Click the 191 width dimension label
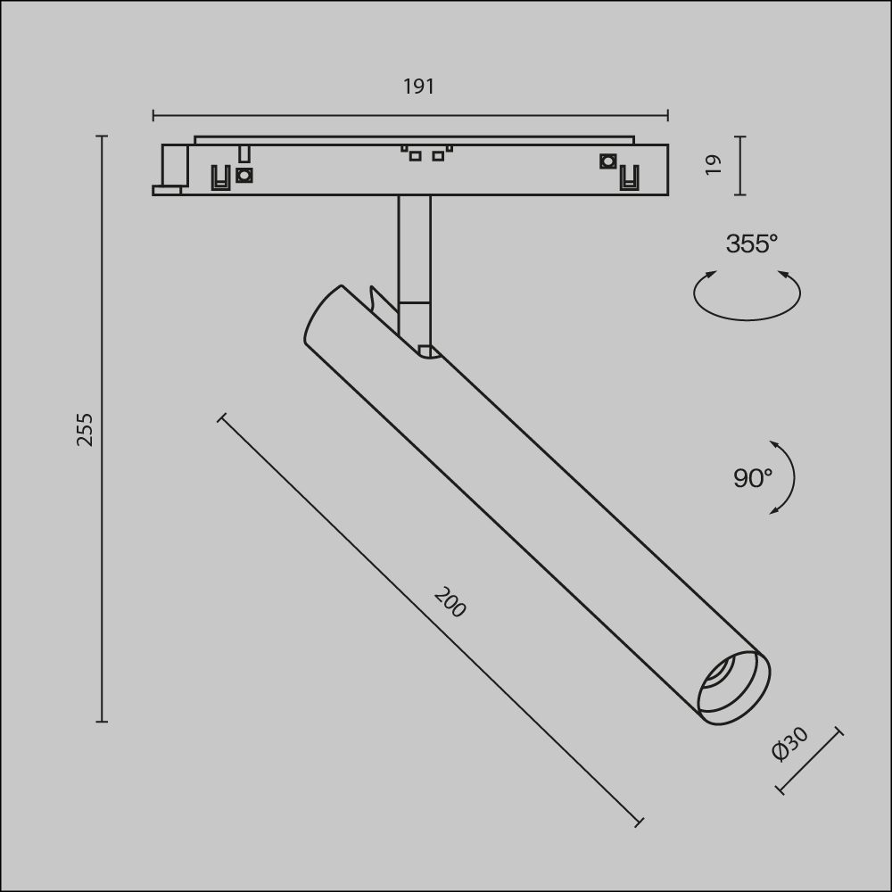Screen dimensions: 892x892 coord(418,87)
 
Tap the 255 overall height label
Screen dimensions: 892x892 coord(85,430)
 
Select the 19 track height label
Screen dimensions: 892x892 coord(713,165)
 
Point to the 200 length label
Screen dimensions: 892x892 coord(450,602)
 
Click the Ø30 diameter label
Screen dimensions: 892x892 coord(789,744)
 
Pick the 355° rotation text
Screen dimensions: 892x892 coord(751,244)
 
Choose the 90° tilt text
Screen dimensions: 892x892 coord(753,478)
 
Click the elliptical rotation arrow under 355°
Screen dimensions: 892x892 coord(747,319)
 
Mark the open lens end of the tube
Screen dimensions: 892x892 coord(734,688)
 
